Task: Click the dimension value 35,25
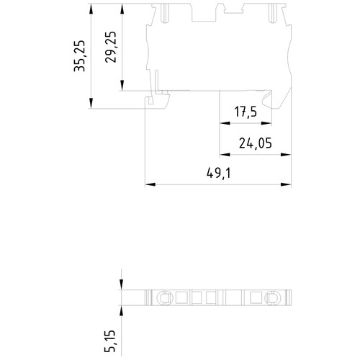[79, 56]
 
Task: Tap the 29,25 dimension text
[110, 47]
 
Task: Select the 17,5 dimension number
[246, 112]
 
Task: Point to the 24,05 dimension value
[256, 143]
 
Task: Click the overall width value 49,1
[219, 173]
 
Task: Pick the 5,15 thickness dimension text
[110, 341]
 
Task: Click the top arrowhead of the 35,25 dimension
[91, 9]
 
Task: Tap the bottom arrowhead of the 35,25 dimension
[91, 103]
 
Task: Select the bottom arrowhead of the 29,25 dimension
[122, 86]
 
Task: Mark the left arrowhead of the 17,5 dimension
[225, 123]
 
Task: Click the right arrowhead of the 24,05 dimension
[286, 155]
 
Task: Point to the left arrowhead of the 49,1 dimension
[150, 184]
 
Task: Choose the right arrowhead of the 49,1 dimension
[286, 184]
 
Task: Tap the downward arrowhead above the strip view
[122, 284]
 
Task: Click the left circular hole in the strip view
[165, 298]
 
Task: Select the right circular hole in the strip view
[273, 298]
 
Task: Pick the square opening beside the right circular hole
[256, 298]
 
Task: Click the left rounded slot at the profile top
[165, 14]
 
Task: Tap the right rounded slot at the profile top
[271, 14]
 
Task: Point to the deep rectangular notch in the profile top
[204, 12]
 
